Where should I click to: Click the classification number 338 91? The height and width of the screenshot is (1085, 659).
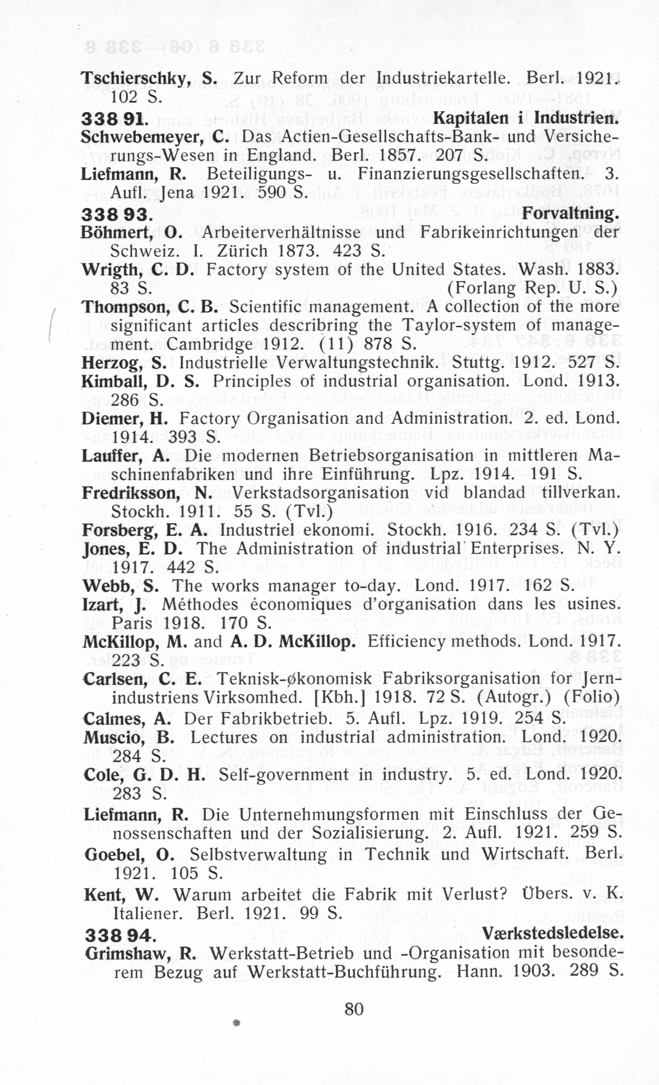click(x=112, y=119)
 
